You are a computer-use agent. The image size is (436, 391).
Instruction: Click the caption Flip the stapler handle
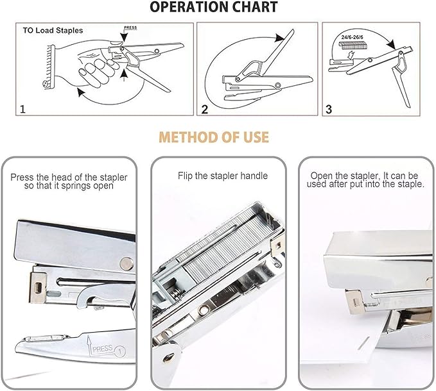pos(222,176)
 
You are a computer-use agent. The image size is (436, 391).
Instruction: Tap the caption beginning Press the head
pos(69,181)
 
